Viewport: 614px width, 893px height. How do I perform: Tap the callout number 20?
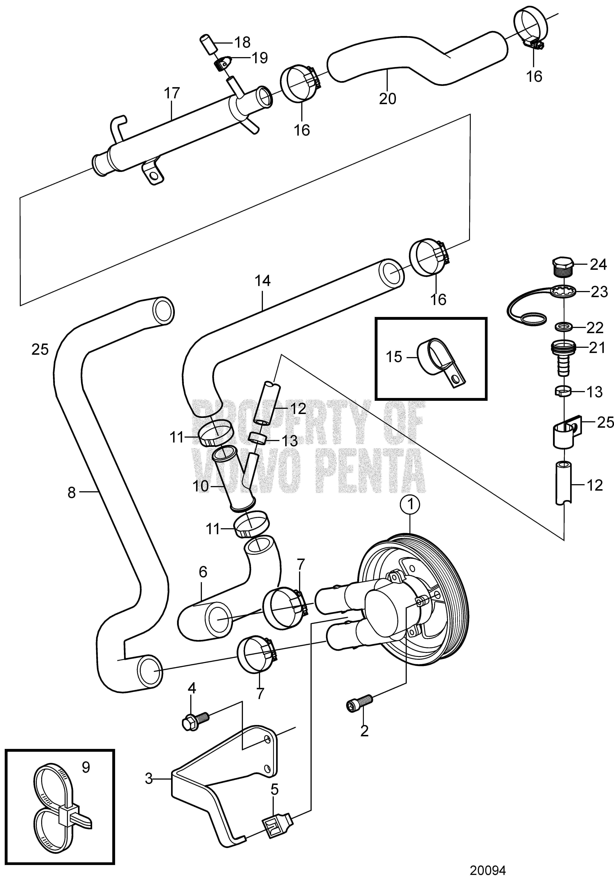pos(387,99)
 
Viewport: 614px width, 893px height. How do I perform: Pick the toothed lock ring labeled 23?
pos(564,292)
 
